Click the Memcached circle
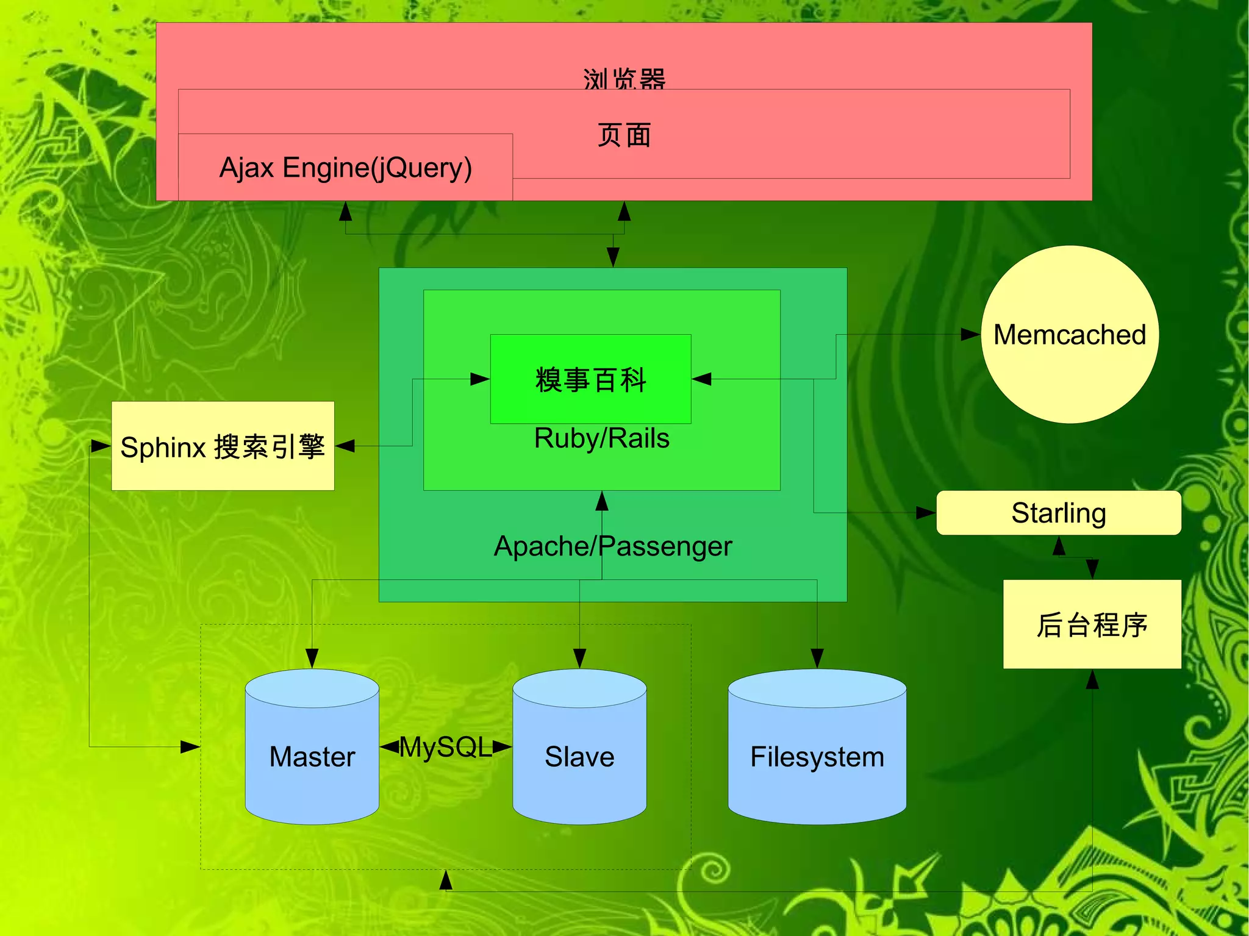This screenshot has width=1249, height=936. tap(1069, 335)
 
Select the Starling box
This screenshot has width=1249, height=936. tap(1058, 513)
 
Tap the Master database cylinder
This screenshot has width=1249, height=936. tap(312, 756)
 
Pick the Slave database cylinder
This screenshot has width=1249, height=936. tap(579, 756)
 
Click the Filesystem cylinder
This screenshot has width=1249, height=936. tap(817, 756)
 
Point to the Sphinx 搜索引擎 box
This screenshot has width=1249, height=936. tap(223, 446)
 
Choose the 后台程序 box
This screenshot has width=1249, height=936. tap(1092, 624)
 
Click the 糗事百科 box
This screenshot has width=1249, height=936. tap(590, 379)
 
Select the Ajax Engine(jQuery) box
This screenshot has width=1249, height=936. tap(345, 168)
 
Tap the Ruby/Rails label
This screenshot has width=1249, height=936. tap(601, 438)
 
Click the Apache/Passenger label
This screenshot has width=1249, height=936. tap(612, 546)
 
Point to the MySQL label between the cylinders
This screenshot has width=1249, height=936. tap(445, 747)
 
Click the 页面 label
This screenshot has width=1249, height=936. tap(624, 135)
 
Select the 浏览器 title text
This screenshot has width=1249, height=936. tap(624, 79)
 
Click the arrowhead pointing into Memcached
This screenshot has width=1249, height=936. tap(970, 334)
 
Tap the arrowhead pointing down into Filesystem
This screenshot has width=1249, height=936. tap(817, 659)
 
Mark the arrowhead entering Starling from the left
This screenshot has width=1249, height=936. tap(926, 513)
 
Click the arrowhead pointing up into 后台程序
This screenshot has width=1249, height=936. tap(1092, 679)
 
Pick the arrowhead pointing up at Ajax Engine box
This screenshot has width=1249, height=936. tap(346, 211)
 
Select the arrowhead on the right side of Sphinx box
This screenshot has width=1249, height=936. tap(345, 446)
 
